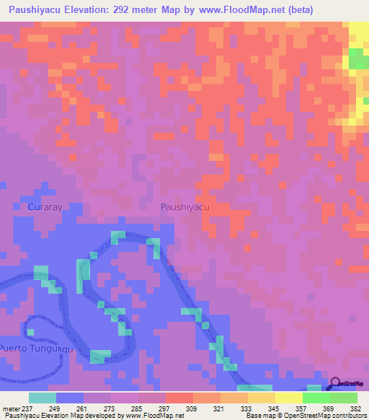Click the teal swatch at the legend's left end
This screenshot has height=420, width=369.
point(43,398)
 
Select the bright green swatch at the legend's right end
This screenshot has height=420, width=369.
point(343,398)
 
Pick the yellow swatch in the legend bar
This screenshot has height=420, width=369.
point(288,398)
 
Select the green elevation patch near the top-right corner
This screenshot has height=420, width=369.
point(357,59)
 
